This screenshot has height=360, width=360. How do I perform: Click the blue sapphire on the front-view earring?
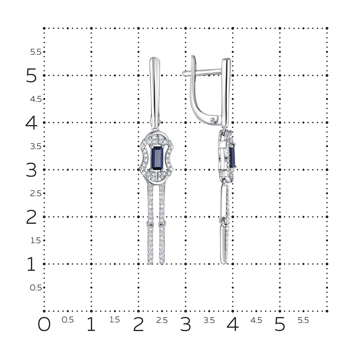157,158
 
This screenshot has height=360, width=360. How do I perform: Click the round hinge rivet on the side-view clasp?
213,120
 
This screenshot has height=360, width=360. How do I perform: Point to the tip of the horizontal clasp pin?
183,73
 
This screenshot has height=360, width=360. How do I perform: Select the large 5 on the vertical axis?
31,76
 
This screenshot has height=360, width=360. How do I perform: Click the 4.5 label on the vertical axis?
36,99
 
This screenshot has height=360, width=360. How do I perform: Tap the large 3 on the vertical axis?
31,170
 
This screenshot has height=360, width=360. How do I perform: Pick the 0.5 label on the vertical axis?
36,287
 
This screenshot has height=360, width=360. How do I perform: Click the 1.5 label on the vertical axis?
36,240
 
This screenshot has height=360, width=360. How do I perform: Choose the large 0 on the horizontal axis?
44,324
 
